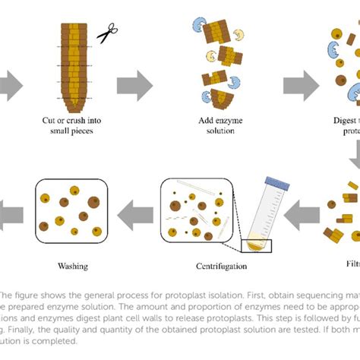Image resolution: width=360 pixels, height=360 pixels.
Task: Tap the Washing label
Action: pos(73,266)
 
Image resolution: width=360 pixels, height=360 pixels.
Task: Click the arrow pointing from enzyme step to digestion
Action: pos(298,84)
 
